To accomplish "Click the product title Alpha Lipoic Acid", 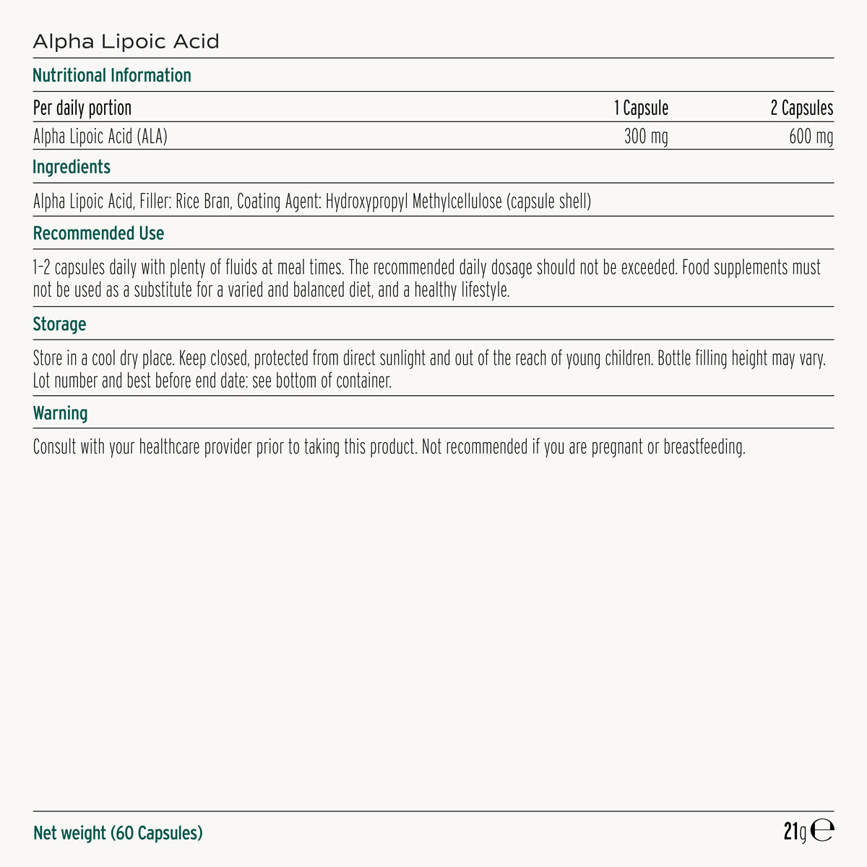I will coord(126,41).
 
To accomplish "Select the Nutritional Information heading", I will coord(112,75).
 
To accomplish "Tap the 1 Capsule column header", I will coord(641,108).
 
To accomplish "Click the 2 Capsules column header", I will coord(801,108).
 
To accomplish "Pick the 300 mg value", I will coord(646,136).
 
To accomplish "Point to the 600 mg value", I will coord(811,136).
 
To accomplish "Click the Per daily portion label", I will coord(82,108).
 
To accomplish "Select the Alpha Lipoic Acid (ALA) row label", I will coord(100,136).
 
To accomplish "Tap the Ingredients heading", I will coord(72,167).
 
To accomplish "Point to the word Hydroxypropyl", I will coord(366,201).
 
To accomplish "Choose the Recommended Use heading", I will coord(98,233).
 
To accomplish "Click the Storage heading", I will coord(59,324).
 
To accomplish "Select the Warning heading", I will coord(60,413).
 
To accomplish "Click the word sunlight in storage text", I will coord(402,358).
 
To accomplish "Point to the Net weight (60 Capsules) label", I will coord(118,833).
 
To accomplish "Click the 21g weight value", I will coord(794,832).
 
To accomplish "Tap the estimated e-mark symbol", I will coord(822,832).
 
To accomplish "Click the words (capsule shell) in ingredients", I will coord(548,201).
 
